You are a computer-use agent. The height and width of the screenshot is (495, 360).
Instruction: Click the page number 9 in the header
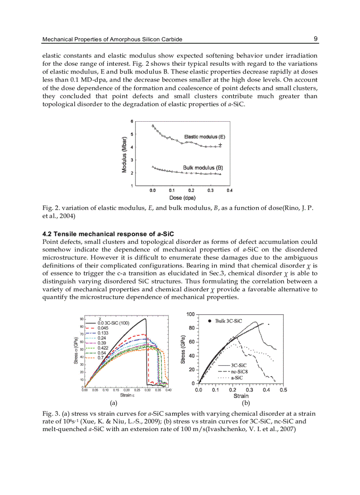[x=315, y=39]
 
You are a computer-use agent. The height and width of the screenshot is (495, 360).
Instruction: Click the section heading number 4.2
[x=47, y=234]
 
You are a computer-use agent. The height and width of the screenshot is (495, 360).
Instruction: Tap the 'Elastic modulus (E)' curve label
[x=204, y=137]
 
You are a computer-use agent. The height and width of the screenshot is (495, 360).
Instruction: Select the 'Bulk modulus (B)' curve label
[x=202, y=167]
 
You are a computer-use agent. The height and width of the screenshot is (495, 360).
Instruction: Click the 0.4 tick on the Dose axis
[x=229, y=190]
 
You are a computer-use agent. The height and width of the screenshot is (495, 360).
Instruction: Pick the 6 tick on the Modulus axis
[x=131, y=121]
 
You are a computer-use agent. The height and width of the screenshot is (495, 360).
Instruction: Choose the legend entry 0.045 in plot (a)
[x=103, y=328]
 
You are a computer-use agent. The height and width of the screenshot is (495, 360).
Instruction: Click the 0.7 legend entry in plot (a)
[x=100, y=357]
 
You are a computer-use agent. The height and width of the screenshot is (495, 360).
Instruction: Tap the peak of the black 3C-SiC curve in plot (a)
[x=145, y=319]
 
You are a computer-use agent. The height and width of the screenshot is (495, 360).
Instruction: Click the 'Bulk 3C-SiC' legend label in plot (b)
[x=228, y=321]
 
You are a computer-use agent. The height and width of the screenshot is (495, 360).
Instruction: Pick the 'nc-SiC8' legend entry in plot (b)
[x=239, y=372]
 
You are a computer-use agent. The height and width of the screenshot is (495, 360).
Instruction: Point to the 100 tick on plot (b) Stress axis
[x=190, y=314]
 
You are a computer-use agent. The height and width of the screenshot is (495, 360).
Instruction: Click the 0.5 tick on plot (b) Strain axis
[x=283, y=390]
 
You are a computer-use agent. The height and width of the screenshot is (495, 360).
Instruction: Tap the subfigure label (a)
[x=113, y=402]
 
